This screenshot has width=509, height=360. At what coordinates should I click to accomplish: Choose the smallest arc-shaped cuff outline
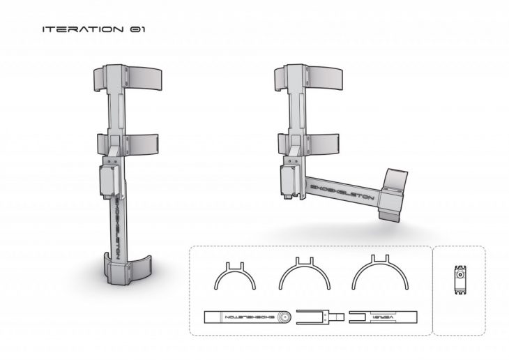coord(234,276)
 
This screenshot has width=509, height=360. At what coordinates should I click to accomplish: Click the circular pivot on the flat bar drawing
coord(283,317)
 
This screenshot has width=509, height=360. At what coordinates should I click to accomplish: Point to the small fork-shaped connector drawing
coord(319,317)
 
